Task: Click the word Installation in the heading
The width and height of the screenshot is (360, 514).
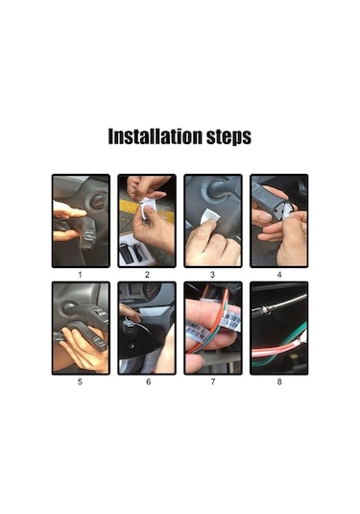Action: pos(155,136)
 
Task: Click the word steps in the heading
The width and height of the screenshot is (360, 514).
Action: pos(228,137)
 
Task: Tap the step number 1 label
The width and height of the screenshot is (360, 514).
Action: pos(80,275)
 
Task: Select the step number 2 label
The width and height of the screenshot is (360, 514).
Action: pos(147,275)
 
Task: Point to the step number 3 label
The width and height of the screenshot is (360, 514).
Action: pos(212,275)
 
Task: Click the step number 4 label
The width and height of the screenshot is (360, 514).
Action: pos(279,275)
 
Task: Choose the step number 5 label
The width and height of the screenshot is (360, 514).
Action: pos(80,381)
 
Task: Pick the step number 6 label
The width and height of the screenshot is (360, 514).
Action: pos(149,381)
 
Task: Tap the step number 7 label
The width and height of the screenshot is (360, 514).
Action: pos(213,381)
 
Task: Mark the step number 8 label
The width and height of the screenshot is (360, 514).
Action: pos(279,381)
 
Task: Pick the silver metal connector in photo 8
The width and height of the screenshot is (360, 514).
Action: pos(264,310)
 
